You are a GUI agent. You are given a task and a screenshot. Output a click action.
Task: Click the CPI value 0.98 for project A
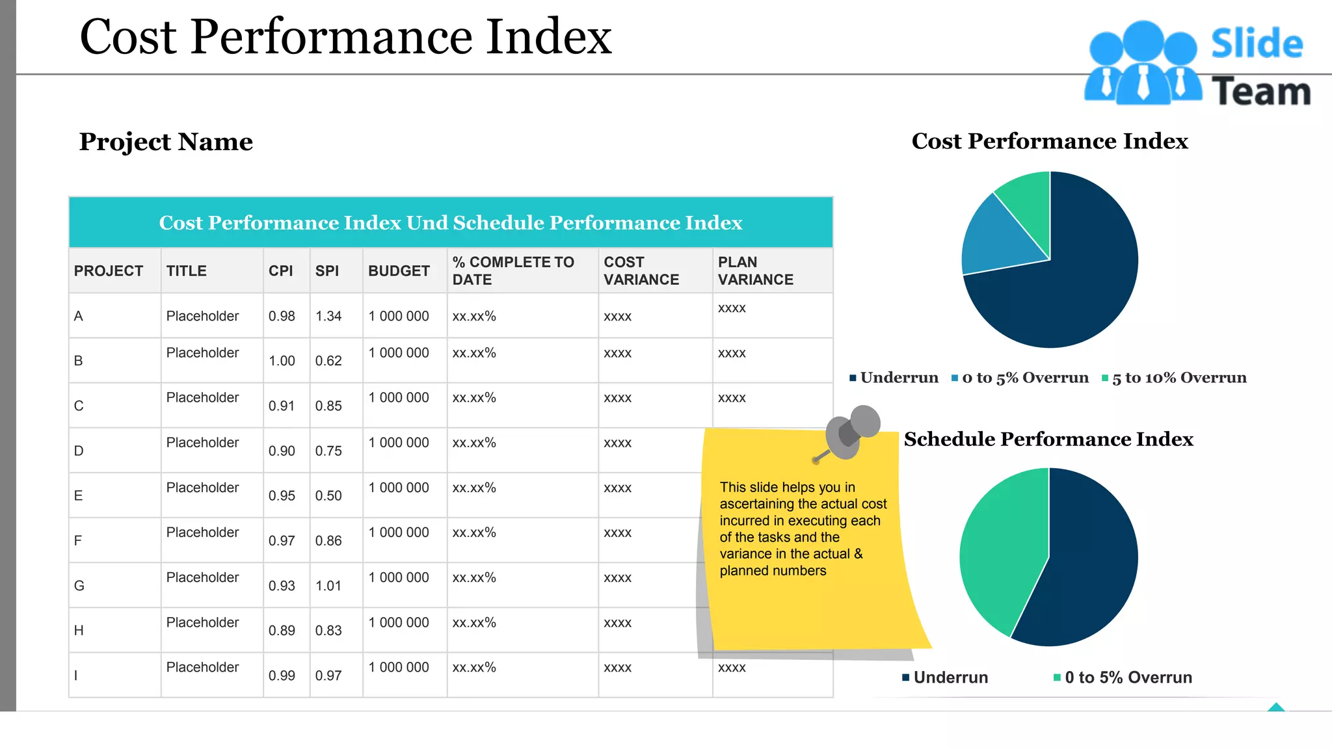pos(282,316)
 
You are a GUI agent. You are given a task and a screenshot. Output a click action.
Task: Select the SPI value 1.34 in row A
pos(328,316)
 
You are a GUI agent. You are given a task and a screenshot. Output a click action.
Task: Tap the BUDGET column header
pos(399,271)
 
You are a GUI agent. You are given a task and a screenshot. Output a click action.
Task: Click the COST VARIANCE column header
pos(641,271)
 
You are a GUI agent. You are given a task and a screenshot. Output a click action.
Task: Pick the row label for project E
pos(78,495)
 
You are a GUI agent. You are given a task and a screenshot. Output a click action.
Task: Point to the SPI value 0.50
pos(328,495)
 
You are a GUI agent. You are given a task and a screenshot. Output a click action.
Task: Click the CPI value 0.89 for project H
pos(282,630)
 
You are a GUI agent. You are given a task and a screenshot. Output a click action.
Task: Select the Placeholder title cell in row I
pos(202,667)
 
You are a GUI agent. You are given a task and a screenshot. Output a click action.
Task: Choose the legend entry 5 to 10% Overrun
pos(1179,378)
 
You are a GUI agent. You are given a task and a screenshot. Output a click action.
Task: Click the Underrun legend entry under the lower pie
pos(950,677)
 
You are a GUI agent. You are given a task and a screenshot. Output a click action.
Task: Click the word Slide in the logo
pos(1257,44)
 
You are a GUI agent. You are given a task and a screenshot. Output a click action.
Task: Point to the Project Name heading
pos(166,142)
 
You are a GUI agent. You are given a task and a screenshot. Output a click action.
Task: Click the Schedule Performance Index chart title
pos(1048,440)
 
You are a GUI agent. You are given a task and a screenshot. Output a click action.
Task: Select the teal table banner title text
pos(451,223)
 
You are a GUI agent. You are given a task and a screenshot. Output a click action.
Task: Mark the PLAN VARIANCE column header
pos(755,271)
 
